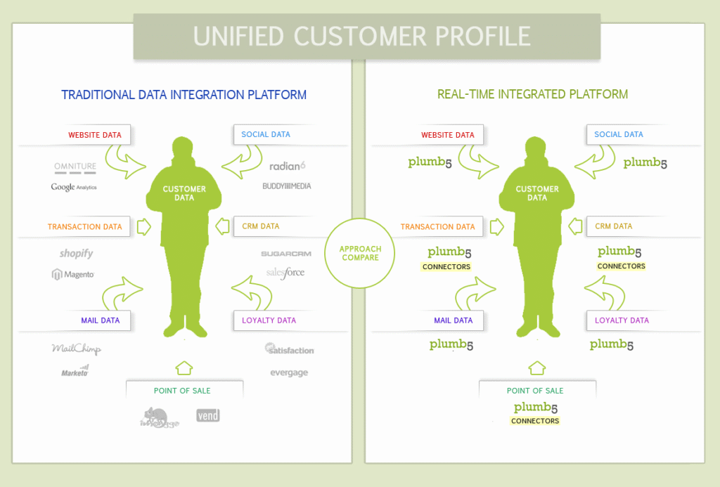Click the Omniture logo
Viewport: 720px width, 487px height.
(75, 167)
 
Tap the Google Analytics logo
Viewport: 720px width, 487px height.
(74, 187)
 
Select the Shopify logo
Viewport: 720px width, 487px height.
(76, 254)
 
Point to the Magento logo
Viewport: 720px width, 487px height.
(72, 274)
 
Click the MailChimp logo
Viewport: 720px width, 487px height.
(76, 349)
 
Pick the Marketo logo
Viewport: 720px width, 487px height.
(75, 370)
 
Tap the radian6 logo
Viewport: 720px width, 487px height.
(288, 167)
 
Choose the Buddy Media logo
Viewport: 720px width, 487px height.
(286, 186)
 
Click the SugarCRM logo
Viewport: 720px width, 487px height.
(286, 254)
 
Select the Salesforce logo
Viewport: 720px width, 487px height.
(285, 273)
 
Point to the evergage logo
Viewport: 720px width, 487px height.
(289, 372)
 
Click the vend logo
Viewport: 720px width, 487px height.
(208, 415)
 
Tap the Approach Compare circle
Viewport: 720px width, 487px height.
(360, 253)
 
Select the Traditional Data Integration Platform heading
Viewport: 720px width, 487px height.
(184, 95)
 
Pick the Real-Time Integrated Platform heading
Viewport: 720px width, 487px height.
(532, 94)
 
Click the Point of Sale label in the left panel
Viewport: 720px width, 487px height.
(181, 391)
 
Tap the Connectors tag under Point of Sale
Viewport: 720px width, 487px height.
(535, 421)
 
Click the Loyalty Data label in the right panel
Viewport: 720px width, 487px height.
(621, 320)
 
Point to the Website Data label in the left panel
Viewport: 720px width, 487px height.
(94, 135)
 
